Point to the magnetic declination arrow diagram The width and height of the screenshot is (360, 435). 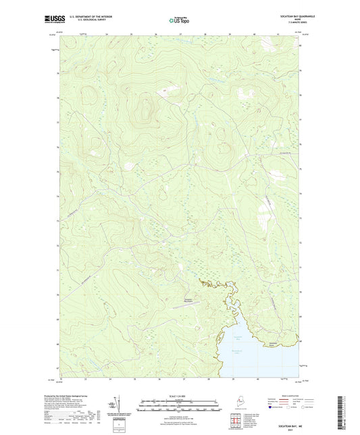coord(122,405)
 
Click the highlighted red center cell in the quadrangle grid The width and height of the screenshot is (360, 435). coord(234,419)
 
